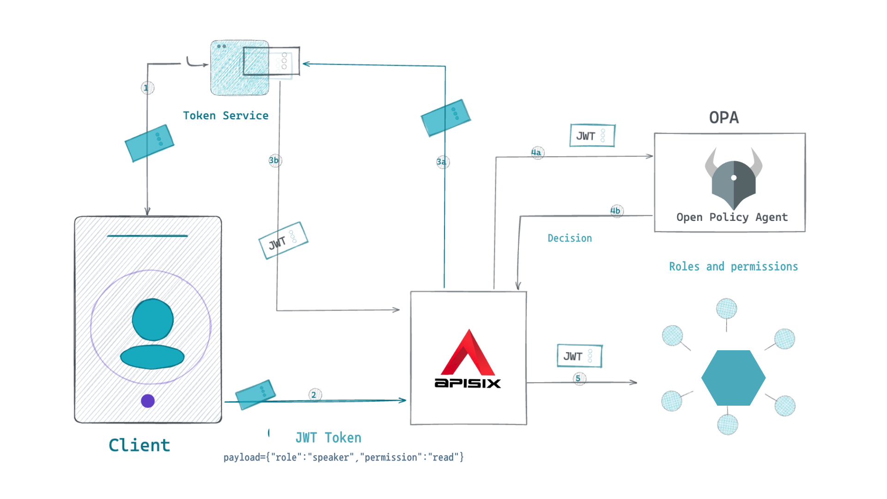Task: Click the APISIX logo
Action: click(468, 359)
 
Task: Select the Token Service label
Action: click(225, 116)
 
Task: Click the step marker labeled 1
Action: click(147, 88)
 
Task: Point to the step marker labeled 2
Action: click(315, 395)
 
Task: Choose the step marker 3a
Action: click(442, 162)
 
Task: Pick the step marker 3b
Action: click(274, 160)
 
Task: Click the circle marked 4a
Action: click(537, 152)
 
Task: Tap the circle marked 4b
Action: click(616, 211)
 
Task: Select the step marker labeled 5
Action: click(579, 378)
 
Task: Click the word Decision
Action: click(569, 238)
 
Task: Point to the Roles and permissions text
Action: click(733, 267)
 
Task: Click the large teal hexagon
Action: click(733, 378)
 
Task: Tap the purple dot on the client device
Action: click(148, 401)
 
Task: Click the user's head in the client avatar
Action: click(152, 319)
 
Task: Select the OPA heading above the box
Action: click(723, 117)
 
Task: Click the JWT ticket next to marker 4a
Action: click(592, 135)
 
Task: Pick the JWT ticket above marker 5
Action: click(579, 356)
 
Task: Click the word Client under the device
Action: click(139, 445)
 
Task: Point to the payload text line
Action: click(343, 457)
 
